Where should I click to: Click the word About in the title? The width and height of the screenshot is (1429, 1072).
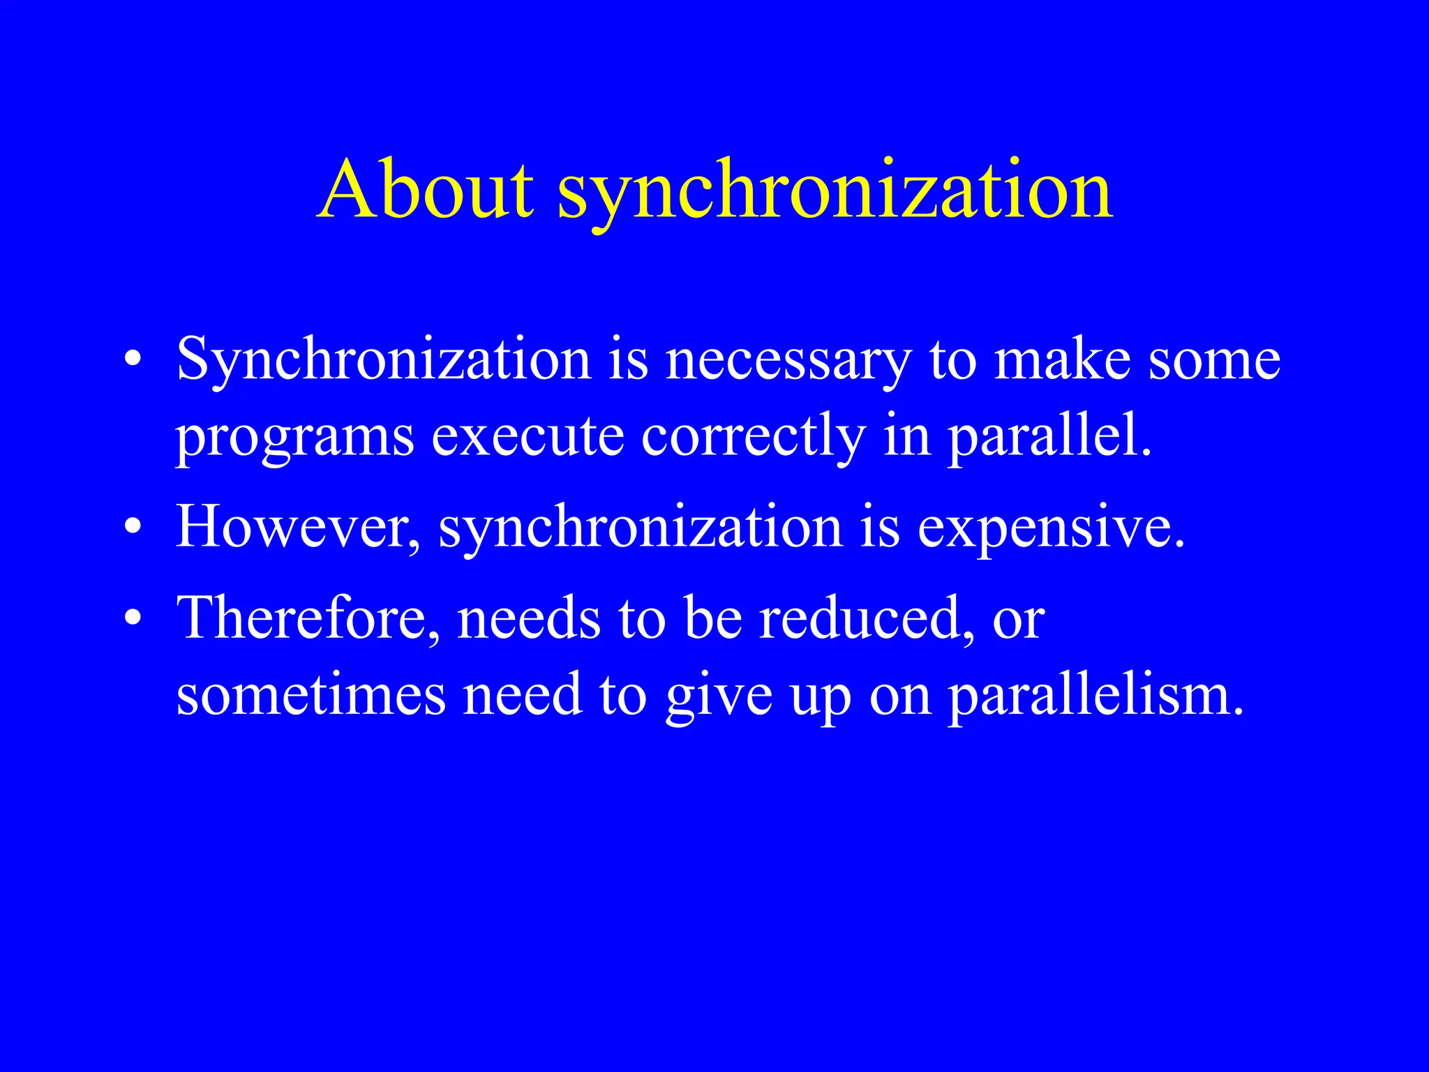[x=426, y=190]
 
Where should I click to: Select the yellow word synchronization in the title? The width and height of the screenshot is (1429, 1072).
[x=835, y=192]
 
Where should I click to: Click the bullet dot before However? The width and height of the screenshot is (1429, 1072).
[x=133, y=528]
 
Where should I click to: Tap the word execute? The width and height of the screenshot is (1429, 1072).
[x=528, y=436]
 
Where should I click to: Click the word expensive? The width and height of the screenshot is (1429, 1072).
[x=1050, y=528]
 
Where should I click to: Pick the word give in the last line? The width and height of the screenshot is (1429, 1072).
[x=719, y=697]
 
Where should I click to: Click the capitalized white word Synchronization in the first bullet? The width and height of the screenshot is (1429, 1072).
[x=384, y=361]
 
